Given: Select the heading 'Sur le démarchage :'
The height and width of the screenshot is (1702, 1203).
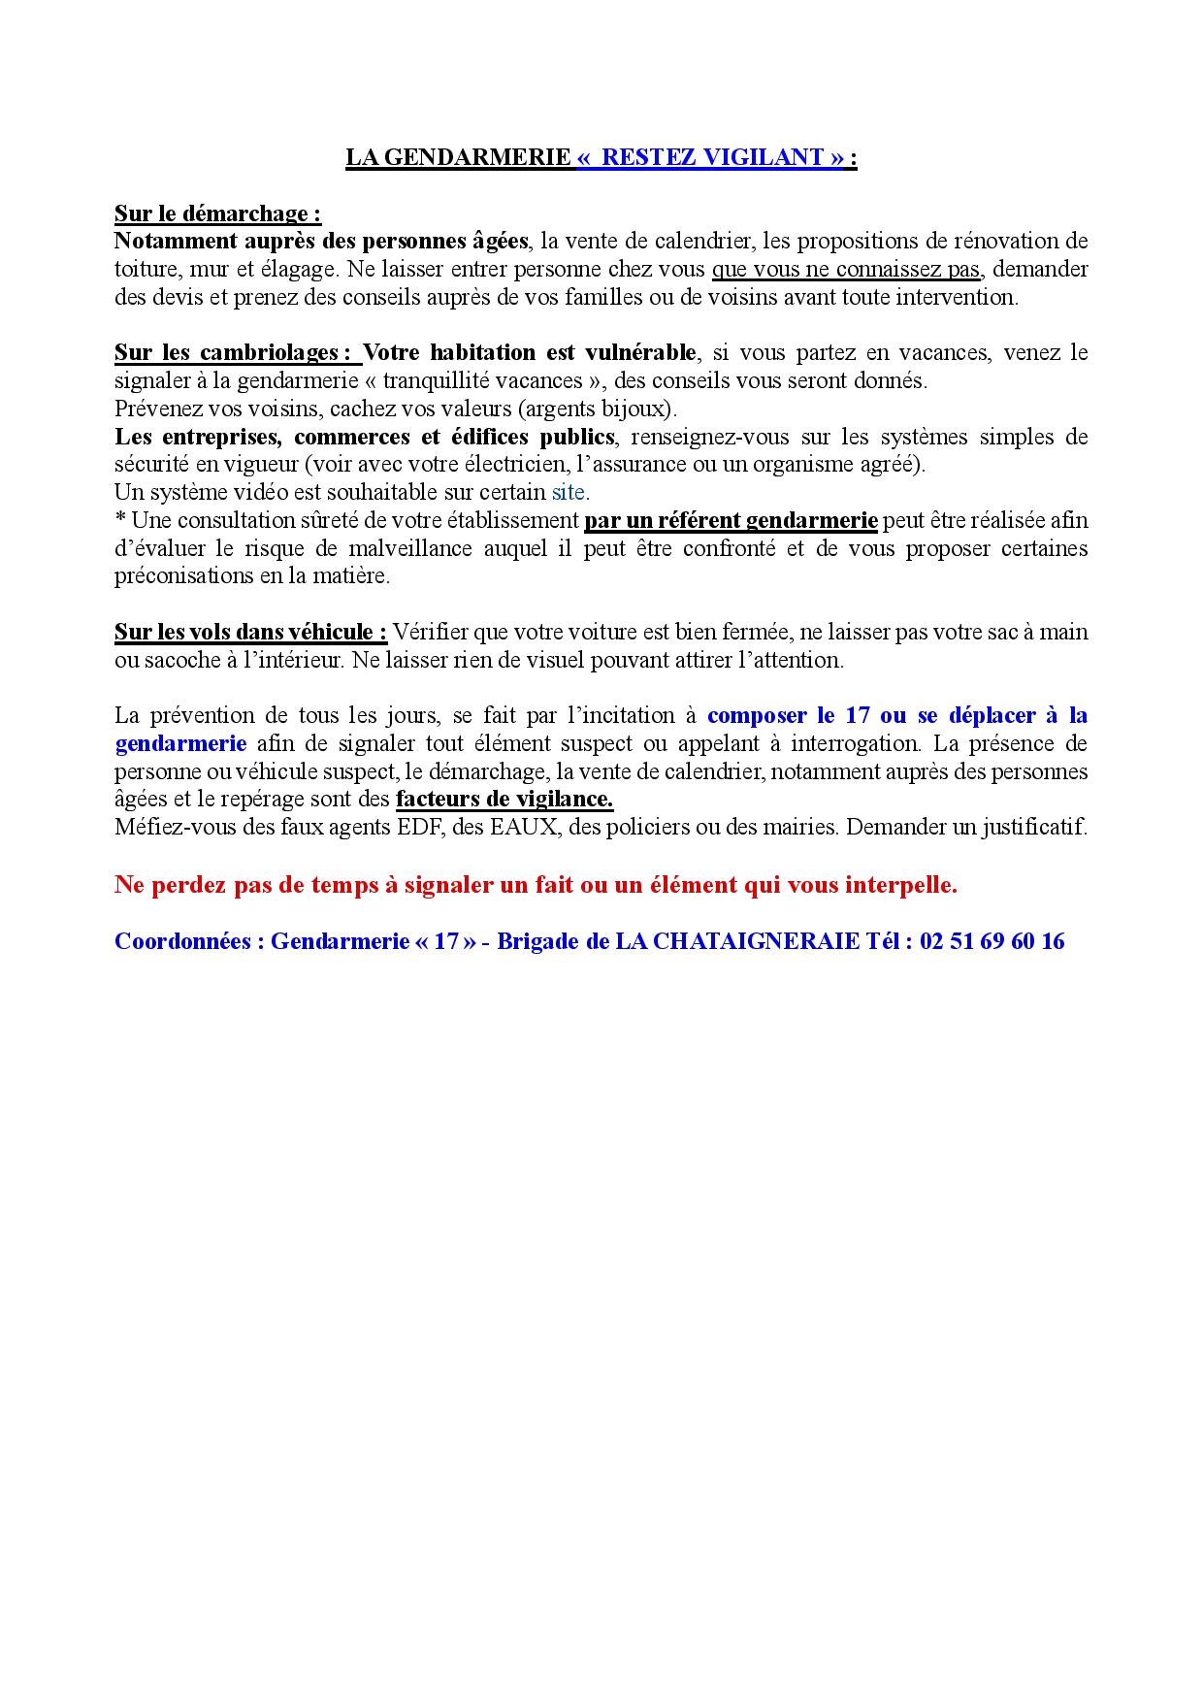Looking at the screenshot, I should [x=217, y=213].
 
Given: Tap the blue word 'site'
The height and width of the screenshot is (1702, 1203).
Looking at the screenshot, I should [x=569, y=492].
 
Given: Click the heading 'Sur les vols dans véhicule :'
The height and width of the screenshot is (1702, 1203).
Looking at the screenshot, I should [x=250, y=633].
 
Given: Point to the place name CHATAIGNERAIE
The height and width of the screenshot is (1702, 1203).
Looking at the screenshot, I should [x=737, y=941].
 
